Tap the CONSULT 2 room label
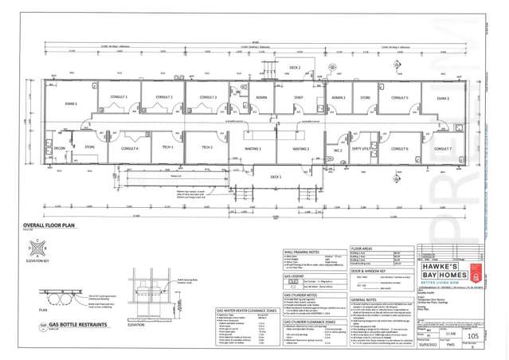tap(164, 97)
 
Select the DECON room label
tap(60, 148)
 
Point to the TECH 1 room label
tap(168, 147)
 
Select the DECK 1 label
tap(276, 176)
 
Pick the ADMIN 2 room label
tap(339, 97)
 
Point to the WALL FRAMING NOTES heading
tap(302, 251)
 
